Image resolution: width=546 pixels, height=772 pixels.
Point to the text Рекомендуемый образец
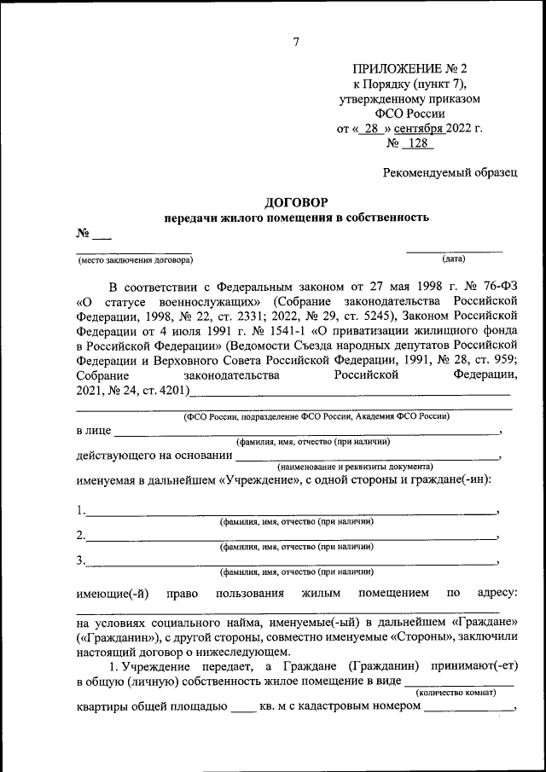click(x=449, y=173)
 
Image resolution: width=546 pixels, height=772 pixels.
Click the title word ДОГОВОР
click(x=295, y=202)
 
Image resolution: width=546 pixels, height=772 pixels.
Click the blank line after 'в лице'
click(x=307, y=432)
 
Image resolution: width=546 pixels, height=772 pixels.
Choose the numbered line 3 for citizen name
click(x=290, y=562)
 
